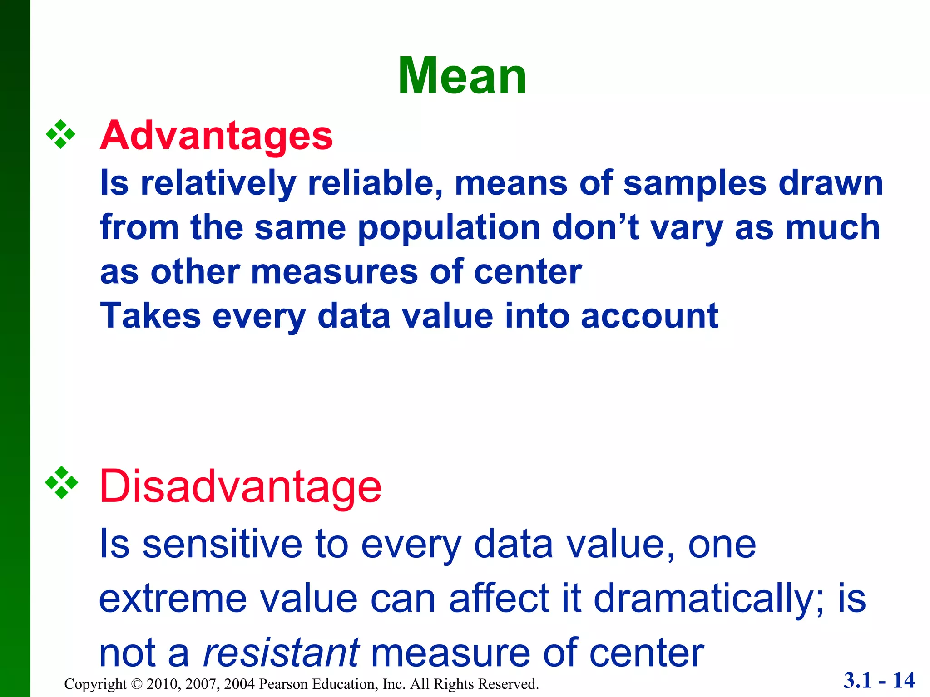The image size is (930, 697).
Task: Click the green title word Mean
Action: (x=462, y=76)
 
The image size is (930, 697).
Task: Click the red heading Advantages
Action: (x=216, y=135)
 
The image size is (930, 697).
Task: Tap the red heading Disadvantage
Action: (x=240, y=486)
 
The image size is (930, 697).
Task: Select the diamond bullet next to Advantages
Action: (x=60, y=135)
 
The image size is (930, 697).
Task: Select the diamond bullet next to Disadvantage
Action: (x=61, y=483)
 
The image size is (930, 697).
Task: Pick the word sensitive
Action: (x=223, y=544)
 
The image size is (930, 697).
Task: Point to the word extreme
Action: (x=173, y=599)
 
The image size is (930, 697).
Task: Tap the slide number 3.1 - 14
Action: (x=879, y=681)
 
